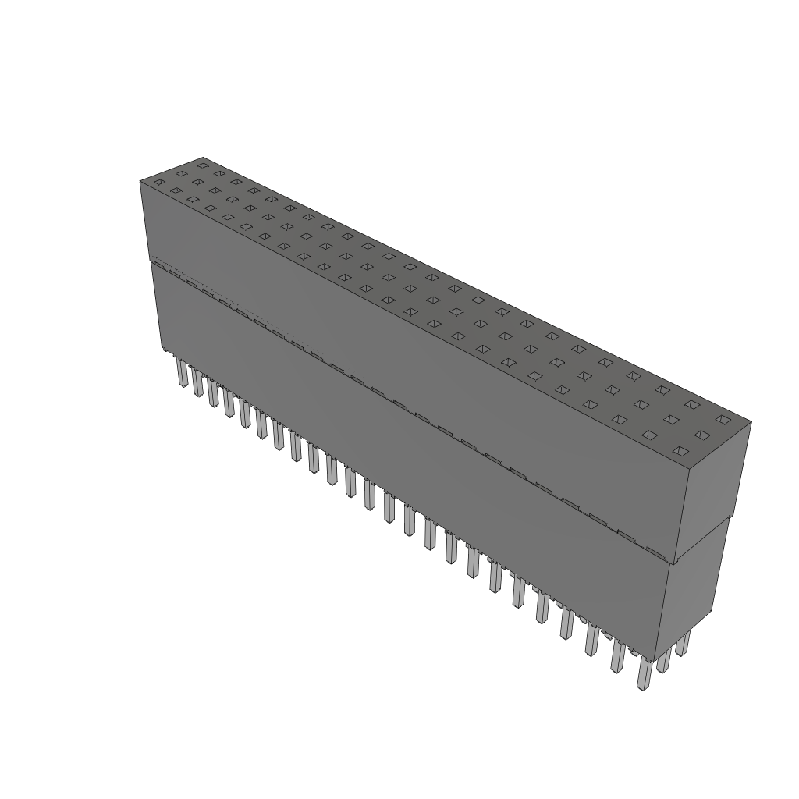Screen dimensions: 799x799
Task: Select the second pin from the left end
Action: click(x=197, y=383)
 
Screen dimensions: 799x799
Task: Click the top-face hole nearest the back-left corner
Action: click(x=203, y=165)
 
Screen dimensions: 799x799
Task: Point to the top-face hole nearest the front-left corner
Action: click(x=159, y=183)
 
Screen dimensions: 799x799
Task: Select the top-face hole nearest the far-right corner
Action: click(x=723, y=419)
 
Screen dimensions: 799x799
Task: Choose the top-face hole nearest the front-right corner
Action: click(x=680, y=451)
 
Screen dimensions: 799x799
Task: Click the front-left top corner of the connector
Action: click(x=140, y=181)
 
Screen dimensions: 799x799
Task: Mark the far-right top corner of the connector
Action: click(x=751, y=423)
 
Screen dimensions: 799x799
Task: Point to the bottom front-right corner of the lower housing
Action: click(x=657, y=659)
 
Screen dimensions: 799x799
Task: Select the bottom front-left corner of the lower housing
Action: click(x=162, y=350)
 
